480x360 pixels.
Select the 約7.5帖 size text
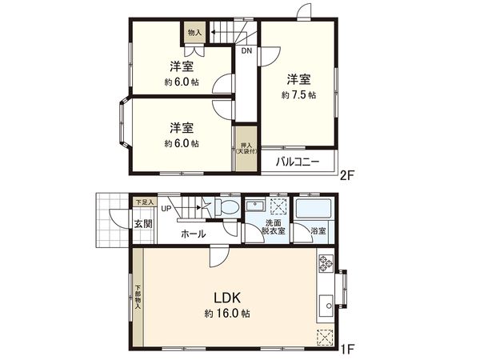298,94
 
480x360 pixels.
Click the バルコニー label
297,162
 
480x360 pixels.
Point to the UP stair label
166,210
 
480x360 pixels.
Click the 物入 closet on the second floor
194,34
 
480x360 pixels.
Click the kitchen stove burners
326,265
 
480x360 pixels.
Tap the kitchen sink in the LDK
326,305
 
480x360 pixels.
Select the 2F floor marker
347,175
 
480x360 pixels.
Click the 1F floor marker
347,350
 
